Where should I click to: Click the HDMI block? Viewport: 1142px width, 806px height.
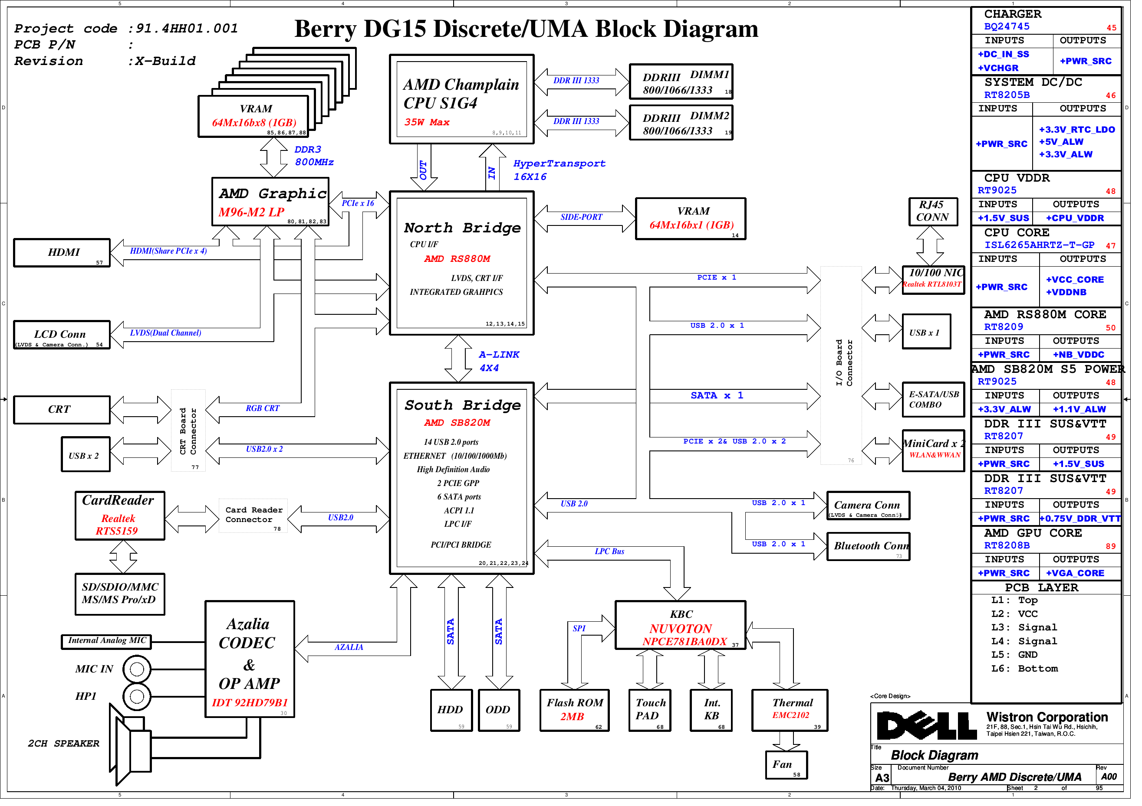62,254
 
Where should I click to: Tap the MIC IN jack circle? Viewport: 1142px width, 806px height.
138,675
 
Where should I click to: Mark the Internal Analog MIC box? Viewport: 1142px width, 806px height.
108,647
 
